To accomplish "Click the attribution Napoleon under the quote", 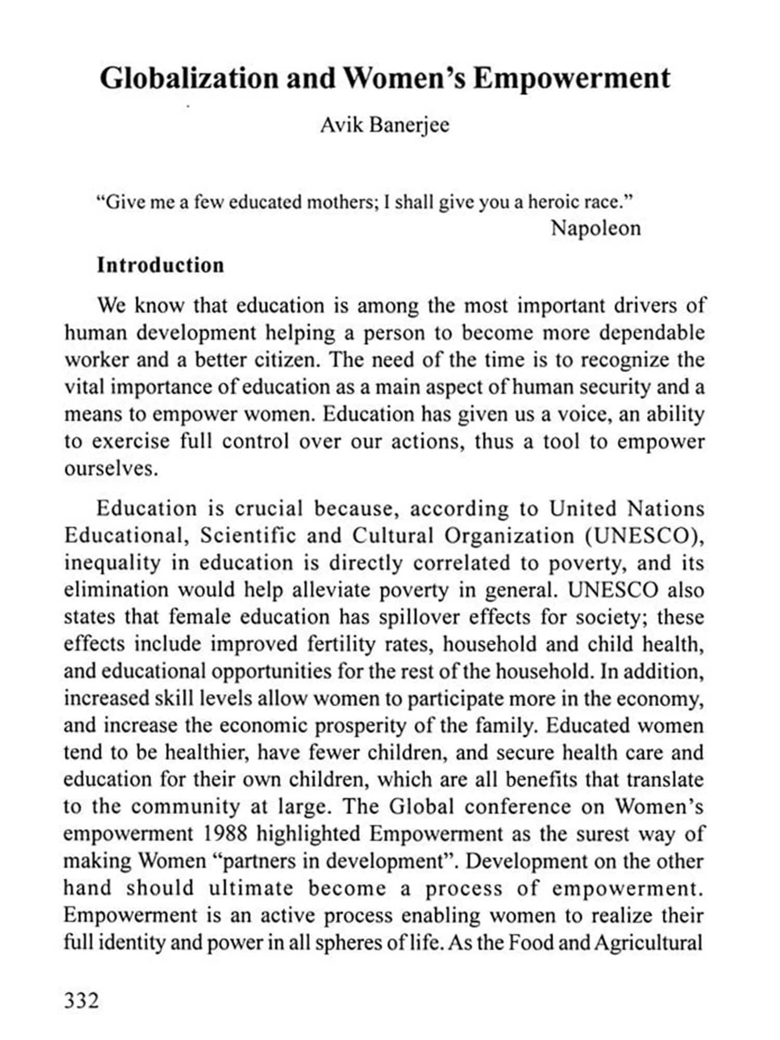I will click(x=595, y=228).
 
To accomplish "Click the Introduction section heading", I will click(x=161, y=265).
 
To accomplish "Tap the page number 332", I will click(x=81, y=999).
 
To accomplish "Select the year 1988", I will click(x=225, y=834).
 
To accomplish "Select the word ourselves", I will click(x=110, y=469).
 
